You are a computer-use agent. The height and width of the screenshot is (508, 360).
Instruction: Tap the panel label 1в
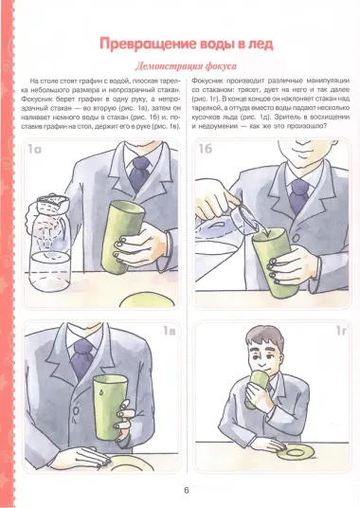click(169, 332)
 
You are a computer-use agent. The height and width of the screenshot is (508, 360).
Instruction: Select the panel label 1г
click(340, 332)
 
